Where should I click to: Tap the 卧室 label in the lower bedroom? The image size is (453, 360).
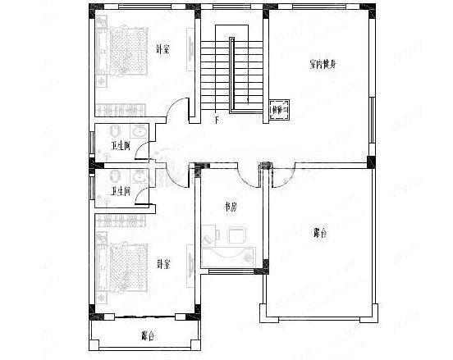coord(162,264)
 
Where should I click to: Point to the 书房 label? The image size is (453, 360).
coord(231,207)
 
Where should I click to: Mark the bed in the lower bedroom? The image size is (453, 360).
coord(123,261)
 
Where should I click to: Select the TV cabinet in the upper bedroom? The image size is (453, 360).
coord(190,53)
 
